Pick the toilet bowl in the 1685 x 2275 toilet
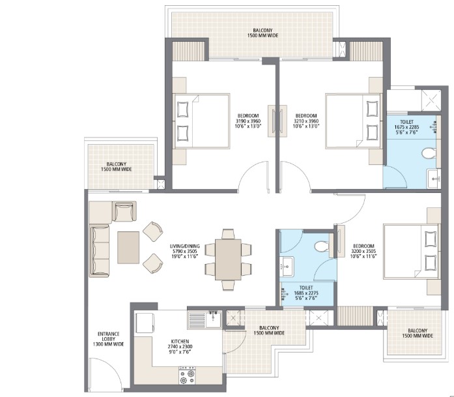point(320,246)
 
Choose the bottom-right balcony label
point(416,333)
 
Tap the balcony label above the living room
point(117,166)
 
